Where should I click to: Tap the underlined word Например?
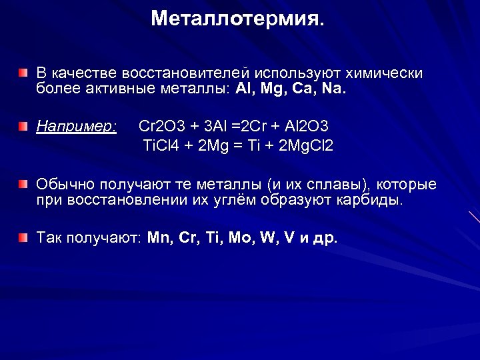tap(77, 126)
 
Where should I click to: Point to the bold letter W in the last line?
tap(269, 238)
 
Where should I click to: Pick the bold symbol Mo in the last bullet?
tap(240, 238)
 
